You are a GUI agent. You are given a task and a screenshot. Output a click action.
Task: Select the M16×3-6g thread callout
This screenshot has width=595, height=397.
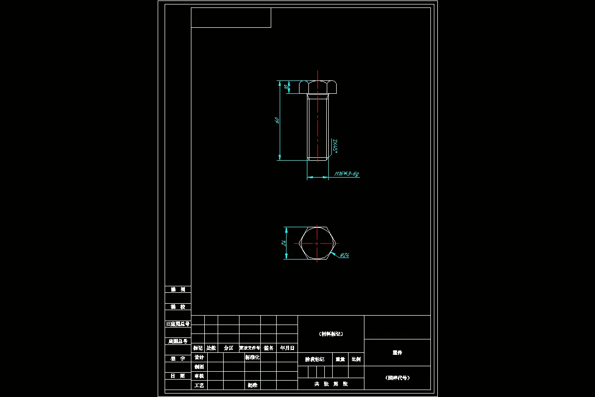(x=347, y=174)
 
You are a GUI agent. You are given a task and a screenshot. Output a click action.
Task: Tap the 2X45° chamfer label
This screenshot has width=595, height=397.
(x=335, y=146)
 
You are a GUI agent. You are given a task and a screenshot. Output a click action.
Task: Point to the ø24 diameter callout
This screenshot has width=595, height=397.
(x=345, y=255)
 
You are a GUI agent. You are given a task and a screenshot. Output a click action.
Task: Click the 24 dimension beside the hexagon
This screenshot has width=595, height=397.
(x=283, y=243)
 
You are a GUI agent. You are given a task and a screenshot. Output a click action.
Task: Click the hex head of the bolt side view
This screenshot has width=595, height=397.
(x=318, y=87)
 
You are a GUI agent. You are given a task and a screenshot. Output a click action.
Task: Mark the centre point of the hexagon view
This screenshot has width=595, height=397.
(x=318, y=243)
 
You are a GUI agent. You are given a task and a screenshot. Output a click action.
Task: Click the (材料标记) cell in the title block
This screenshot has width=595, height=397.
(x=331, y=334)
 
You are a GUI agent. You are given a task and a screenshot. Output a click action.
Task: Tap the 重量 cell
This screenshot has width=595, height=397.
(x=340, y=359)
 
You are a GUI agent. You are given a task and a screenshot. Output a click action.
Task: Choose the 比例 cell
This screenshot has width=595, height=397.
(x=356, y=359)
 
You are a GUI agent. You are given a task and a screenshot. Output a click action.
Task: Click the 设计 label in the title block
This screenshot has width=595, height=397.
(x=199, y=357)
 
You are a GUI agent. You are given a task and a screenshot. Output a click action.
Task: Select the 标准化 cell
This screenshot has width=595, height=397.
(x=252, y=357)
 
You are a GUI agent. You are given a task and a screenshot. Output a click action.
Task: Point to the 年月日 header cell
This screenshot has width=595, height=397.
(x=287, y=348)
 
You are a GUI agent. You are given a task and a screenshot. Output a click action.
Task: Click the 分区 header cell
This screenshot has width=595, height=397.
(x=229, y=348)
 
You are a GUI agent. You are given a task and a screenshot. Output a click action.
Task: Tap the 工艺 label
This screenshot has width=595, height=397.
(x=199, y=385)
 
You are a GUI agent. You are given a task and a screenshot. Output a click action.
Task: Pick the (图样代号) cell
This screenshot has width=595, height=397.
(x=397, y=378)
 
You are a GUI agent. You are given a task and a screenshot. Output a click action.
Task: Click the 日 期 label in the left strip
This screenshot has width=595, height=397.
(x=178, y=376)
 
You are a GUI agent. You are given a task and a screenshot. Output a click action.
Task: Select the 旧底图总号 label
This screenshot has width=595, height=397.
(x=178, y=324)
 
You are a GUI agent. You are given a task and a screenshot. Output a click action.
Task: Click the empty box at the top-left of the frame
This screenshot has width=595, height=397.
(x=231, y=17)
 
